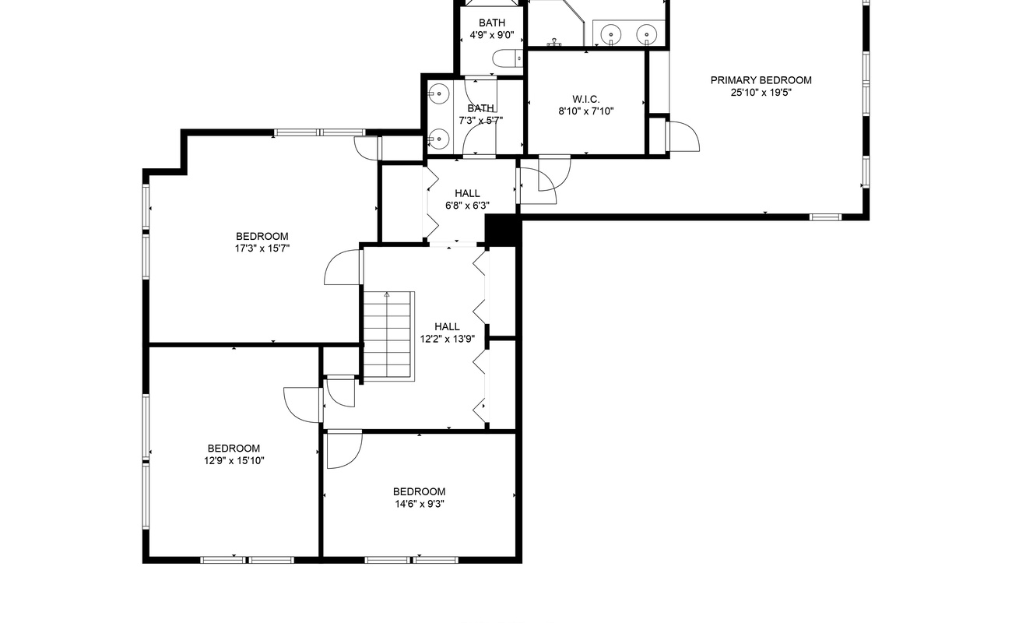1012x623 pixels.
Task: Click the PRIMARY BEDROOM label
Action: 761,80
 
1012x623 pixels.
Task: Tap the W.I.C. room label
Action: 586,99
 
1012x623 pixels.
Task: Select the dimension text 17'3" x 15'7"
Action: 262,248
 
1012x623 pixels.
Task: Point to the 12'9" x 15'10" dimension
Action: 234,461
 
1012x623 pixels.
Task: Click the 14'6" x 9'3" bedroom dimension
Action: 420,504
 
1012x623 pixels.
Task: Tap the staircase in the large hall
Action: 388,336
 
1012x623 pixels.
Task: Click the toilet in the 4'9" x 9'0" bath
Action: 508,58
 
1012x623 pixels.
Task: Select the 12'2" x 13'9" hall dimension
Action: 448,339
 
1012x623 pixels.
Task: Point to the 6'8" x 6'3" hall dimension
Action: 467,206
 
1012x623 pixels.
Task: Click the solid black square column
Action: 502,231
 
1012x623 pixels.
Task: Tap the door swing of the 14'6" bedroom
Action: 345,451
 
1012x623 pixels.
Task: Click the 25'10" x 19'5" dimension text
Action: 761,93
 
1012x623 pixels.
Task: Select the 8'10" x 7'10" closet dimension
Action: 586,111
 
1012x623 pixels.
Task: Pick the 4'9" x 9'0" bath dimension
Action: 492,35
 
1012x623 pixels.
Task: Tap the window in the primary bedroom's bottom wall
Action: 825,217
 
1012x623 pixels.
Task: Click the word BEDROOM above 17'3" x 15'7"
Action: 262,237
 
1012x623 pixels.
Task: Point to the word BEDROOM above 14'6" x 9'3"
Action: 420,492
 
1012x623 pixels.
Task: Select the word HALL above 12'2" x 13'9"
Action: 448,327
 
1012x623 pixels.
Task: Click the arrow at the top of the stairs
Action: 387,295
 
